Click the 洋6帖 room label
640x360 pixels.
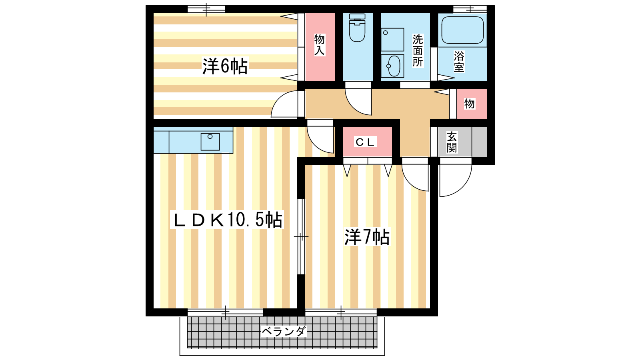click(225, 66)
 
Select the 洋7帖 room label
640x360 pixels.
click(367, 237)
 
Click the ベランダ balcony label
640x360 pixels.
click(284, 332)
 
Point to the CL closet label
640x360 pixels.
click(365, 142)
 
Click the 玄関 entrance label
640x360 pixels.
click(452, 142)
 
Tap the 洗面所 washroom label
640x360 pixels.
click(418, 50)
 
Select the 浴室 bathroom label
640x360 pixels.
click(459, 62)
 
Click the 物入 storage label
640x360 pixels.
click(320, 44)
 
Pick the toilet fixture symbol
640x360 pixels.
click(357, 28)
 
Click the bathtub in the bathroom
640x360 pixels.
click(462, 30)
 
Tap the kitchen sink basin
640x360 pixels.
click(210, 142)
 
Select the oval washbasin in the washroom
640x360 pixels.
click(394, 66)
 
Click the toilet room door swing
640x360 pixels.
click(358, 102)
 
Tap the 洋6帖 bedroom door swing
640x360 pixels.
click(284, 104)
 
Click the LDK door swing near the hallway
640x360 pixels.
click(320, 140)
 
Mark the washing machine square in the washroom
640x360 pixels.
click(392, 40)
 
